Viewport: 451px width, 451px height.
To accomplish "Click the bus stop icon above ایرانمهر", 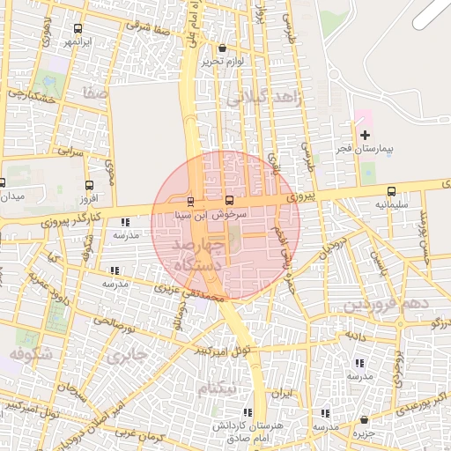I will (78, 28).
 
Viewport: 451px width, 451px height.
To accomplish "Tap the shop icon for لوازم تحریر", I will (221, 48).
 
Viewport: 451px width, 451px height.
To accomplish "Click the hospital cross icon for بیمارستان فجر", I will (366, 134).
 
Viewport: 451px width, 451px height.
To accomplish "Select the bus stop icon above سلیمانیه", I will (391, 191).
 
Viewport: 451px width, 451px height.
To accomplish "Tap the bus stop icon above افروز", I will (89, 186).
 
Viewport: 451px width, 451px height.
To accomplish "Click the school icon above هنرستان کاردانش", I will (247, 412).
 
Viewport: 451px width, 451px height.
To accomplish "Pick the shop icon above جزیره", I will (366, 420).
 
